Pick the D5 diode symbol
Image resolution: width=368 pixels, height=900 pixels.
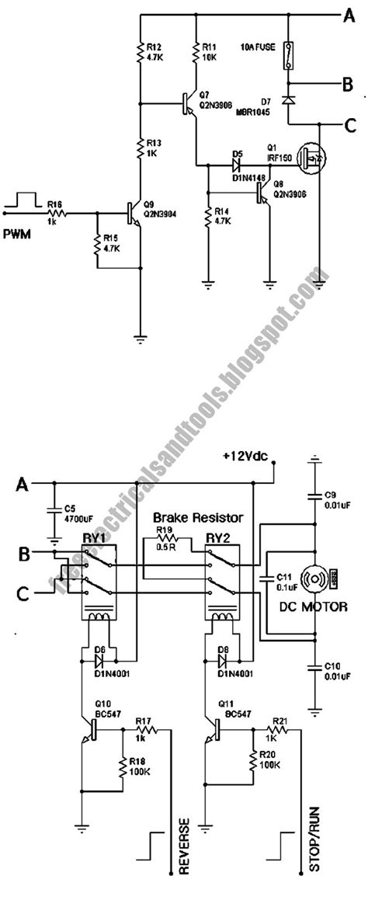pos(234,165)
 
